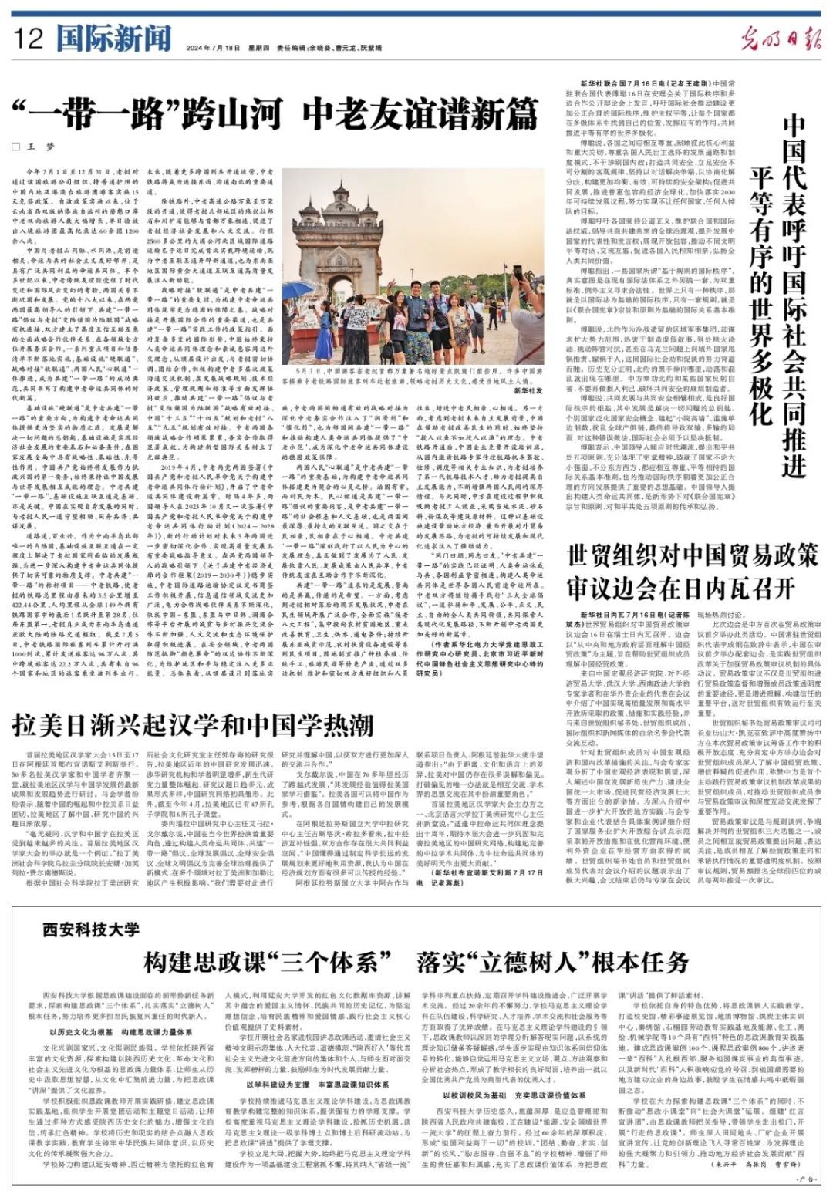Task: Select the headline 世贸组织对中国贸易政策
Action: [x=692, y=556]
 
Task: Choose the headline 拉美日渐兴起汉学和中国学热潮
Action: [x=192, y=726]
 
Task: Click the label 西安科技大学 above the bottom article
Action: [x=90, y=930]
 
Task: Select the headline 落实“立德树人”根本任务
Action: [x=552, y=963]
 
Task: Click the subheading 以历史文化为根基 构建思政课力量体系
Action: [x=120, y=1032]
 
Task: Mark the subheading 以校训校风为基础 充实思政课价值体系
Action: [x=514, y=1095]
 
